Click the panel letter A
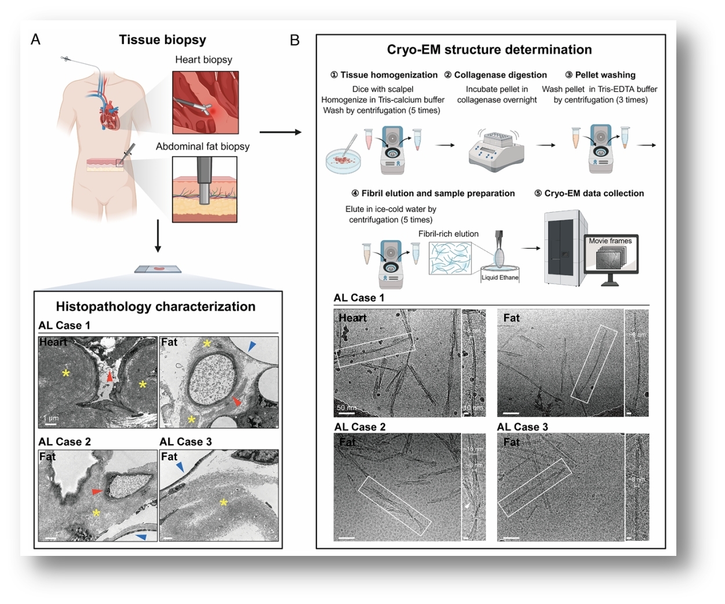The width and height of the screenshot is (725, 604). [x=36, y=39]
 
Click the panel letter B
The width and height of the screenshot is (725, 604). [x=294, y=40]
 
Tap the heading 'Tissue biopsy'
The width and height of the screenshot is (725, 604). [x=162, y=39]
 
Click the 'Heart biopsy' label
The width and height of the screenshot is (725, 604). [x=203, y=60]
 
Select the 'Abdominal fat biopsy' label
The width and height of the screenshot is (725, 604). [x=202, y=147]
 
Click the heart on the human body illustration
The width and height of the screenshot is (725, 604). [x=110, y=118]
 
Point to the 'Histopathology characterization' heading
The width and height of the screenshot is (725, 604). [x=155, y=307]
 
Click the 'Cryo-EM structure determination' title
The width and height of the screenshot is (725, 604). [x=489, y=50]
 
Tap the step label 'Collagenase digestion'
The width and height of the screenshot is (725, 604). [x=500, y=75]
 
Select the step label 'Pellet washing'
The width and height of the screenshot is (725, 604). [x=605, y=75]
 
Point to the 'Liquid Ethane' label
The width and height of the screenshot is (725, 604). [x=500, y=278]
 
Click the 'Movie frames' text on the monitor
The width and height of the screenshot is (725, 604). [x=610, y=241]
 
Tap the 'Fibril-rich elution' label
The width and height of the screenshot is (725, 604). [x=449, y=234]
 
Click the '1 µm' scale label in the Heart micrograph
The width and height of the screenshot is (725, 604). [x=51, y=418]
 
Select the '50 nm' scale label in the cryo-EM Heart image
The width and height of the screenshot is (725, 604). [x=345, y=407]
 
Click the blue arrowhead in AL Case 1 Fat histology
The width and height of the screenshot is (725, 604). [x=252, y=347]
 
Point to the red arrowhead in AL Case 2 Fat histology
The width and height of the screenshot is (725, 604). [x=97, y=492]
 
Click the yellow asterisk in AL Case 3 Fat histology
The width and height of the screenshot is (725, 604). [x=224, y=503]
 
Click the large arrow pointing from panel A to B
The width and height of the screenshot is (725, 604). [x=280, y=132]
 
